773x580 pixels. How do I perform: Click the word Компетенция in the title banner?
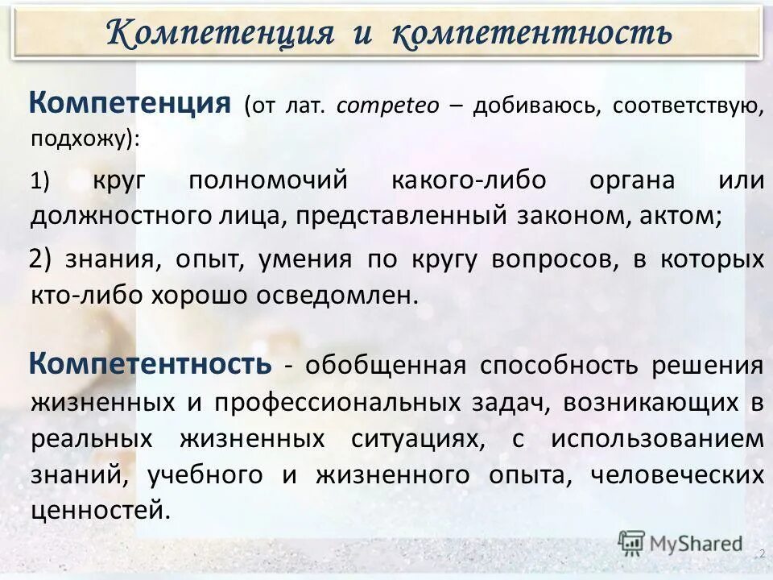pyautogui.click(x=220, y=33)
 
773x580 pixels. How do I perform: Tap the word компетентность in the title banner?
pyautogui.click(x=532, y=33)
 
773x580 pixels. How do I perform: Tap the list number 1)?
pyautogui.click(x=40, y=182)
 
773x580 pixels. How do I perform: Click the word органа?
pyautogui.click(x=632, y=180)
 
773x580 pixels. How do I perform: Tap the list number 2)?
pyautogui.click(x=40, y=259)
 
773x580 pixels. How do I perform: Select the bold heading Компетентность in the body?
pyautogui.click(x=151, y=364)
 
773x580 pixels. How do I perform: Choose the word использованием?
pyautogui.click(x=657, y=438)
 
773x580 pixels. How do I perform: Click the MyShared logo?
pyautogui.click(x=680, y=544)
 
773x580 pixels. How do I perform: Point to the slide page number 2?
pyautogui.click(x=762, y=553)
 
